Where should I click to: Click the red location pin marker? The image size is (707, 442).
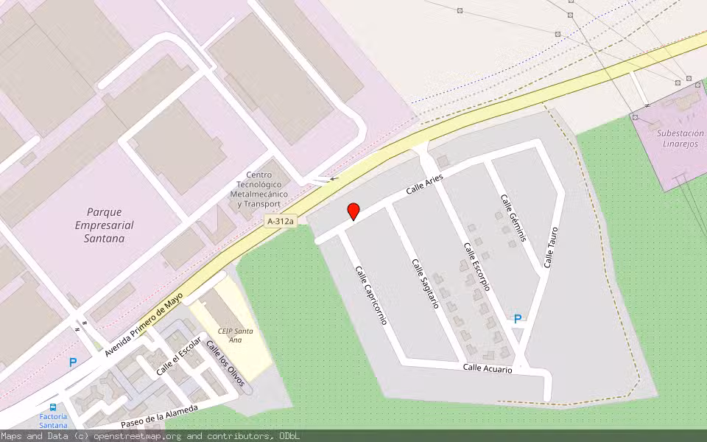click(353, 211)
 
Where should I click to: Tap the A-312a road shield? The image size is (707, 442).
click(281, 221)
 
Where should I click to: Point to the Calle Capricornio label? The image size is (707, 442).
click(371, 295)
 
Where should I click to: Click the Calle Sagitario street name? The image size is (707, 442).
click(426, 284)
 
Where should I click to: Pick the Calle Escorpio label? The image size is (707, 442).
click(477, 266)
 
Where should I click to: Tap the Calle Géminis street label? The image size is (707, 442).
click(514, 218)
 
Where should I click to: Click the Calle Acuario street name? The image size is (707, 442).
click(488, 368)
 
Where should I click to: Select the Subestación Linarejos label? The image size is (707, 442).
click(680, 137)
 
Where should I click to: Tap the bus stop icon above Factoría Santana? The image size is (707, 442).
click(53, 407)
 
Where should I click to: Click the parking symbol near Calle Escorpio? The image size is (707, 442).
click(518, 319)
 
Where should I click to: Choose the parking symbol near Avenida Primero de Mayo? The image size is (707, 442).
click(72, 362)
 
